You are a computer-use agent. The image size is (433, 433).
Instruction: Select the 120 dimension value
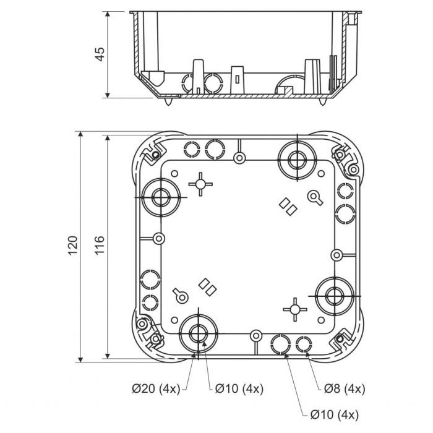[72, 246]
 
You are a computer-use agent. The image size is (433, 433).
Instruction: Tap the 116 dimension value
[100, 246]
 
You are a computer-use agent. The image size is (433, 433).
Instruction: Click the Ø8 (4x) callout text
[345, 388]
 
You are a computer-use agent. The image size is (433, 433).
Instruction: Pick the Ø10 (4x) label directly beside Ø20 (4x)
[239, 388]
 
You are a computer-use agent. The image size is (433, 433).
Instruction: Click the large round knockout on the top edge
[294, 158]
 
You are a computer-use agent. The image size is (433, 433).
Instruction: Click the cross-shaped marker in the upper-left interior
[200, 184]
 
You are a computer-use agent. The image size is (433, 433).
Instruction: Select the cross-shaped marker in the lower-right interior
[294, 309]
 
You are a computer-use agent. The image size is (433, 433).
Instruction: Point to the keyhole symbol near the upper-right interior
[315, 197]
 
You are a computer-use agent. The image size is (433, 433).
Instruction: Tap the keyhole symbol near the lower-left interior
[180, 296]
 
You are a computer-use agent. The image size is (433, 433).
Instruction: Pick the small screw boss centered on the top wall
[239, 158]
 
